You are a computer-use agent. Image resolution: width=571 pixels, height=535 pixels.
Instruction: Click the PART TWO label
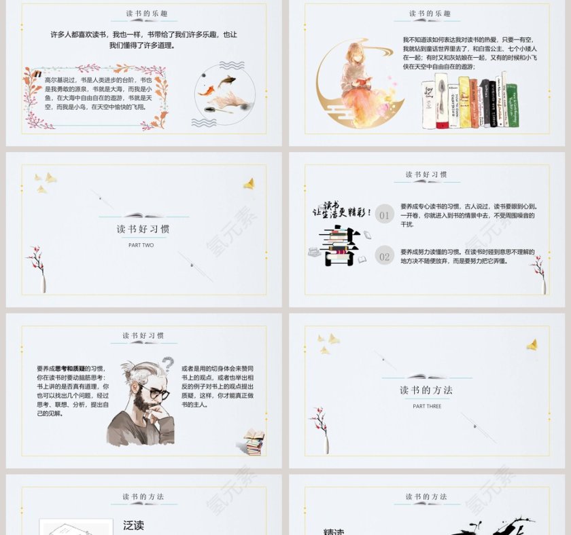tap(141, 245)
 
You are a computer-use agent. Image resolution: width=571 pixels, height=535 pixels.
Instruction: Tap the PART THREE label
tap(427, 406)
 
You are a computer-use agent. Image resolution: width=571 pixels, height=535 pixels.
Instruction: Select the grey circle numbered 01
tap(385, 216)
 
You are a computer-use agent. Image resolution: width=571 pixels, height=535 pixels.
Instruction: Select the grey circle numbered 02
tap(385, 256)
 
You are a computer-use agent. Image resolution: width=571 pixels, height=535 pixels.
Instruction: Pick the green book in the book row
tap(511, 105)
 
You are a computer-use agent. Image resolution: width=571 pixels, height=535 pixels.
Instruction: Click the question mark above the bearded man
tap(167, 365)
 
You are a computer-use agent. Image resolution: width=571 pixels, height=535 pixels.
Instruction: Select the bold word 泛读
tap(134, 525)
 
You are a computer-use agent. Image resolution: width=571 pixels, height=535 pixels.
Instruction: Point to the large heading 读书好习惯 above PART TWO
tap(143, 229)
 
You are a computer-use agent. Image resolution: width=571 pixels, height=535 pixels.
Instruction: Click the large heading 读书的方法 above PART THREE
tap(426, 390)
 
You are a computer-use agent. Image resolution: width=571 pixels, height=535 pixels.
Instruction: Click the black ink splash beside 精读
tap(493, 525)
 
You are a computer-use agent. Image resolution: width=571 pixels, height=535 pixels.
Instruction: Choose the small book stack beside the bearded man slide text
tap(254, 443)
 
